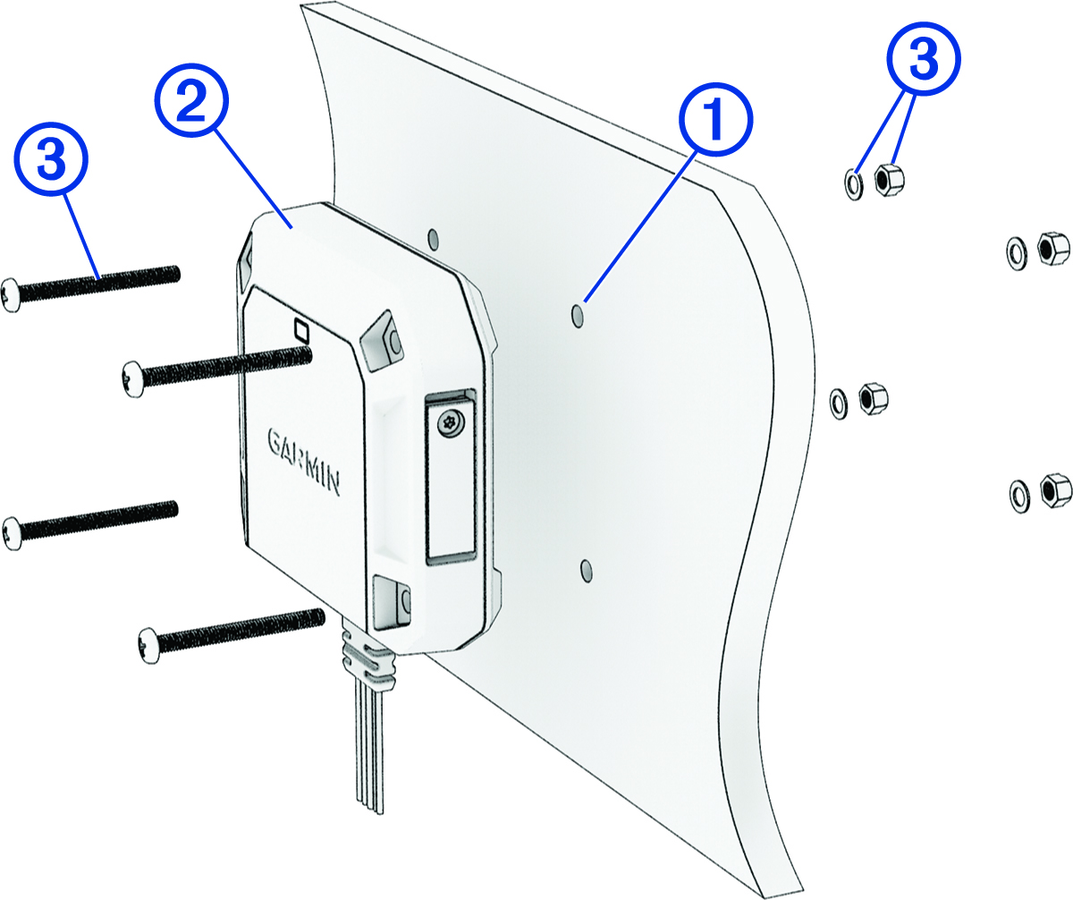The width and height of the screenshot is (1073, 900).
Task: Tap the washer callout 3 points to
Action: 853,184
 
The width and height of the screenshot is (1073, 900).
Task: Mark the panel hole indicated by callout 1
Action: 579,315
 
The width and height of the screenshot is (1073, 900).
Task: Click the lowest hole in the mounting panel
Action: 585,569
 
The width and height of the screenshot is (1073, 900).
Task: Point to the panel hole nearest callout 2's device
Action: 434,238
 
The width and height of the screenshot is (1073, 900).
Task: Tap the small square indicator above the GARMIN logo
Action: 301,330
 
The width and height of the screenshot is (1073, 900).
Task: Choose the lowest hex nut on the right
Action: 1052,489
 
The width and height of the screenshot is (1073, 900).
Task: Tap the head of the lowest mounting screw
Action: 148,644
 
